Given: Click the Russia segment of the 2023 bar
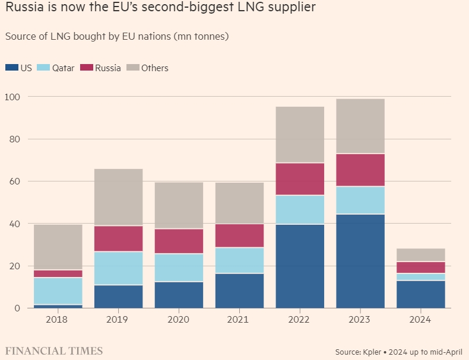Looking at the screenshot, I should pos(360,170).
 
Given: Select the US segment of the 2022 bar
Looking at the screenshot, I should pos(300,266).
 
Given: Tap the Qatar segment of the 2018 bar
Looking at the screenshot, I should pos(58,291).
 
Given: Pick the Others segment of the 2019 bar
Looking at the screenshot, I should pos(119,197).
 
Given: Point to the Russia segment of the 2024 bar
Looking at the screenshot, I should pos(421,267).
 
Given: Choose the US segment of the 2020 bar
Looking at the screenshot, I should pos(179,295).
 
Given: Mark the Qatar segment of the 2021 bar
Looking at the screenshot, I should pos(239,260).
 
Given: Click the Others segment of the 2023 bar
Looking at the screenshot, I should pos(360,126).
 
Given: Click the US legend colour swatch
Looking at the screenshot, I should pos(11,68).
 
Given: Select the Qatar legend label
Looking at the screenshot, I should pos(63,68).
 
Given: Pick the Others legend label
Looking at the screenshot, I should pos(154,68).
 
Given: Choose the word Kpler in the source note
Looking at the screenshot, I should pos(380,352).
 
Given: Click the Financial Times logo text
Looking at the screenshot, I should pos(54,351).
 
